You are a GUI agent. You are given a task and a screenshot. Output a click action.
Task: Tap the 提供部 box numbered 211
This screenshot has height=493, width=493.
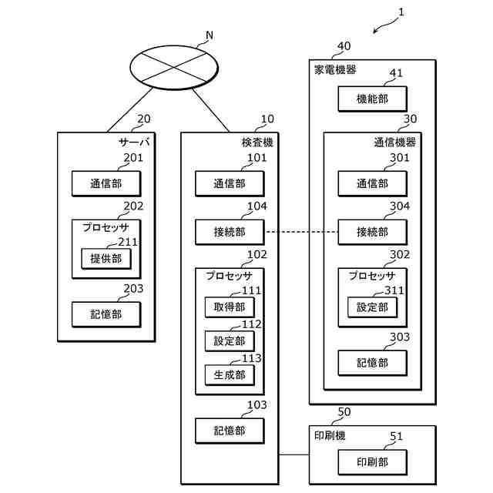pyautogui.click(x=106, y=259)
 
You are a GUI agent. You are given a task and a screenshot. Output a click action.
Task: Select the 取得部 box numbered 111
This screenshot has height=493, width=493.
pyautogui.click(x=230, y=307)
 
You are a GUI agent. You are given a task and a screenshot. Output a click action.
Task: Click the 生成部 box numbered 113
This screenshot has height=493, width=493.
pyautogui.click(x=230, y=375)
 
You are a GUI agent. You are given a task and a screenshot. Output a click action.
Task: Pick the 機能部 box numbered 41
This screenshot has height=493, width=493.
pyautogui.click(x=373, y=99)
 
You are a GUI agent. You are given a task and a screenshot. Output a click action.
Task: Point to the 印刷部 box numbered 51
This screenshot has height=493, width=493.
pyautogui.click(x=373, y=462)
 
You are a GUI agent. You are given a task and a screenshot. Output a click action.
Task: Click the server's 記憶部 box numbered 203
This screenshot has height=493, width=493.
pyautogui.click(x=106, y=314)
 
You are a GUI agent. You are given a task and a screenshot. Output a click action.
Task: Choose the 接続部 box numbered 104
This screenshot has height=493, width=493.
pyautogui.click(x=230, y=232)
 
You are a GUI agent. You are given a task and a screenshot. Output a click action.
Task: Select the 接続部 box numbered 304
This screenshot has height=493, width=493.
pyautogui.click(x=373, y=232)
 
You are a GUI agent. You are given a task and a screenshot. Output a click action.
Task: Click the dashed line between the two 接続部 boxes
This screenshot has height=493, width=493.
pyautogui.click(x=302, y=232)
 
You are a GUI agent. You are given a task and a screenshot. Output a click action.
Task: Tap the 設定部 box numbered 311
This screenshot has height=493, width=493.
pyautogui.click(x=373, y=307)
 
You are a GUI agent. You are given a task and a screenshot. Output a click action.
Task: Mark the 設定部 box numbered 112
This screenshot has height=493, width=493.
pyautogui.click(x=230, y=340)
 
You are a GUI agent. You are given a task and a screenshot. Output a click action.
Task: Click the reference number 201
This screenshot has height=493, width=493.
pyautogui.click(x=133, y=157)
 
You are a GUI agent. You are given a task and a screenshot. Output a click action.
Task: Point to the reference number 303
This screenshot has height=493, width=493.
pyautogui.click(x=400, y=337)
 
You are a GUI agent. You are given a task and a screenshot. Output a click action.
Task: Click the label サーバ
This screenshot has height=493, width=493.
pyautogui.click(x=134, y=143)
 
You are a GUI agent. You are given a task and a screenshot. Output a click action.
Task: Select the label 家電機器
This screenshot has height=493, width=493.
pyautogui.click(x=335, y=70)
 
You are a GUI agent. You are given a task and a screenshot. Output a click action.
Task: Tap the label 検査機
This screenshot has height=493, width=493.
pyautogui.click(x=257, y=143)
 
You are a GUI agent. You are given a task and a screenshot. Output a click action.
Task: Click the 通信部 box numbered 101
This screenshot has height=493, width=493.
pyautogui.click(x=230, y=183)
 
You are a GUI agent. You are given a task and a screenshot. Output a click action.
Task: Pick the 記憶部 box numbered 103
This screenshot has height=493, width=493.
pyautogui.click(x=230, y=431)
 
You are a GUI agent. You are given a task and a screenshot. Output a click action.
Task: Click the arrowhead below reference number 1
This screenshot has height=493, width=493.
pyautogui.click(x=374, y=32)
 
